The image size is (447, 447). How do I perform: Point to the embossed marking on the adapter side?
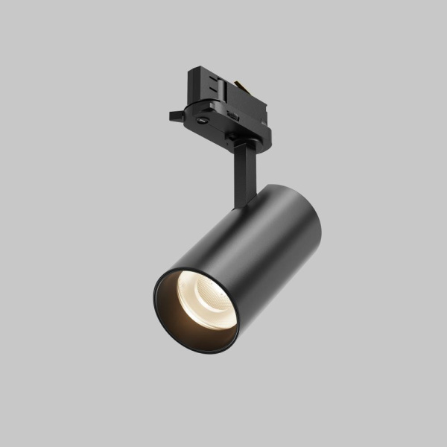tap(234, 115)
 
